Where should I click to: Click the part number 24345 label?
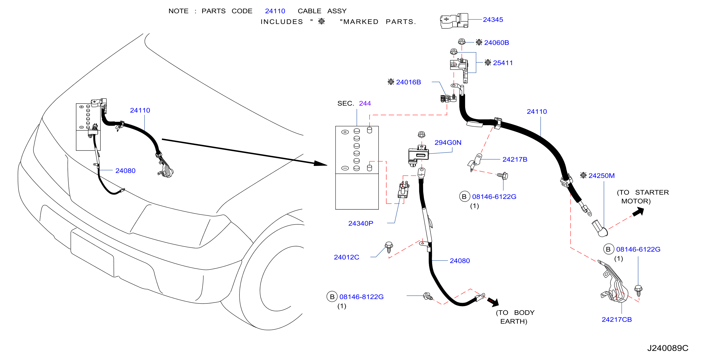click(x=493, y=20)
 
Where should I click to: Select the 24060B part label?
click(x=496, y=42)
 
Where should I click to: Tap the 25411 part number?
click(x=503, y=63)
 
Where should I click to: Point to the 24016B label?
click(x=408, y=82)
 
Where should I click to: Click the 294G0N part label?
click(x=448, y=142)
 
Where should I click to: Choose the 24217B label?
click(x=515, y=159)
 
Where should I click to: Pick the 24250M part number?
click(x=601, y=176)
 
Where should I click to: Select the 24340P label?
click(x=361, y=223)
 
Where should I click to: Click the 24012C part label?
click(x=346, y=257)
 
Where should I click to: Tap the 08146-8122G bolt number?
click(x=361, y=297)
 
